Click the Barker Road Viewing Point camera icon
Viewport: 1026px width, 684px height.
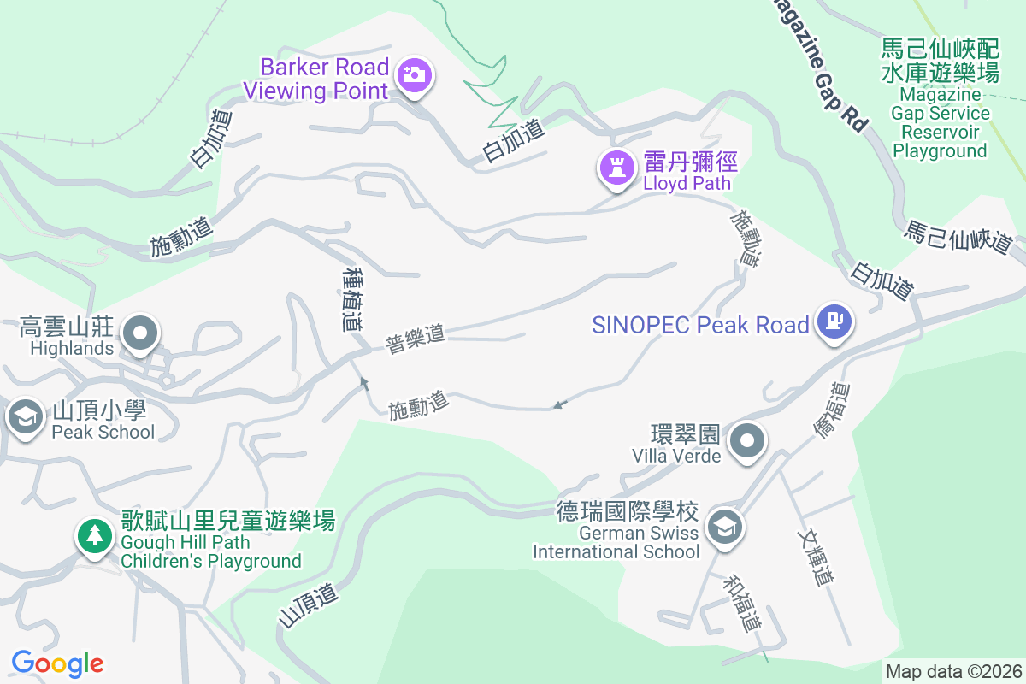point(416,75)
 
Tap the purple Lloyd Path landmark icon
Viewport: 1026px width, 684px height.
point(616,167)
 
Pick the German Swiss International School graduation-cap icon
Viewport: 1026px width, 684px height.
point(725,526)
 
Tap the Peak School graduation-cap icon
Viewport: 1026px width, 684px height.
point(27,418)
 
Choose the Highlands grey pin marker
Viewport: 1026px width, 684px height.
point(140,333)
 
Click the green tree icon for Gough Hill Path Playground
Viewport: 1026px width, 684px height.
point(94,536)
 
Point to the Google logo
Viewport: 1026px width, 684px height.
point(57,663)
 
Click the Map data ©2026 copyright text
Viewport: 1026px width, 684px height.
point(953,671)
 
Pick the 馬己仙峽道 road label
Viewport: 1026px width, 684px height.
point(958,237)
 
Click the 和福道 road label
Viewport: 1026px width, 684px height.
point(741,604)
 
